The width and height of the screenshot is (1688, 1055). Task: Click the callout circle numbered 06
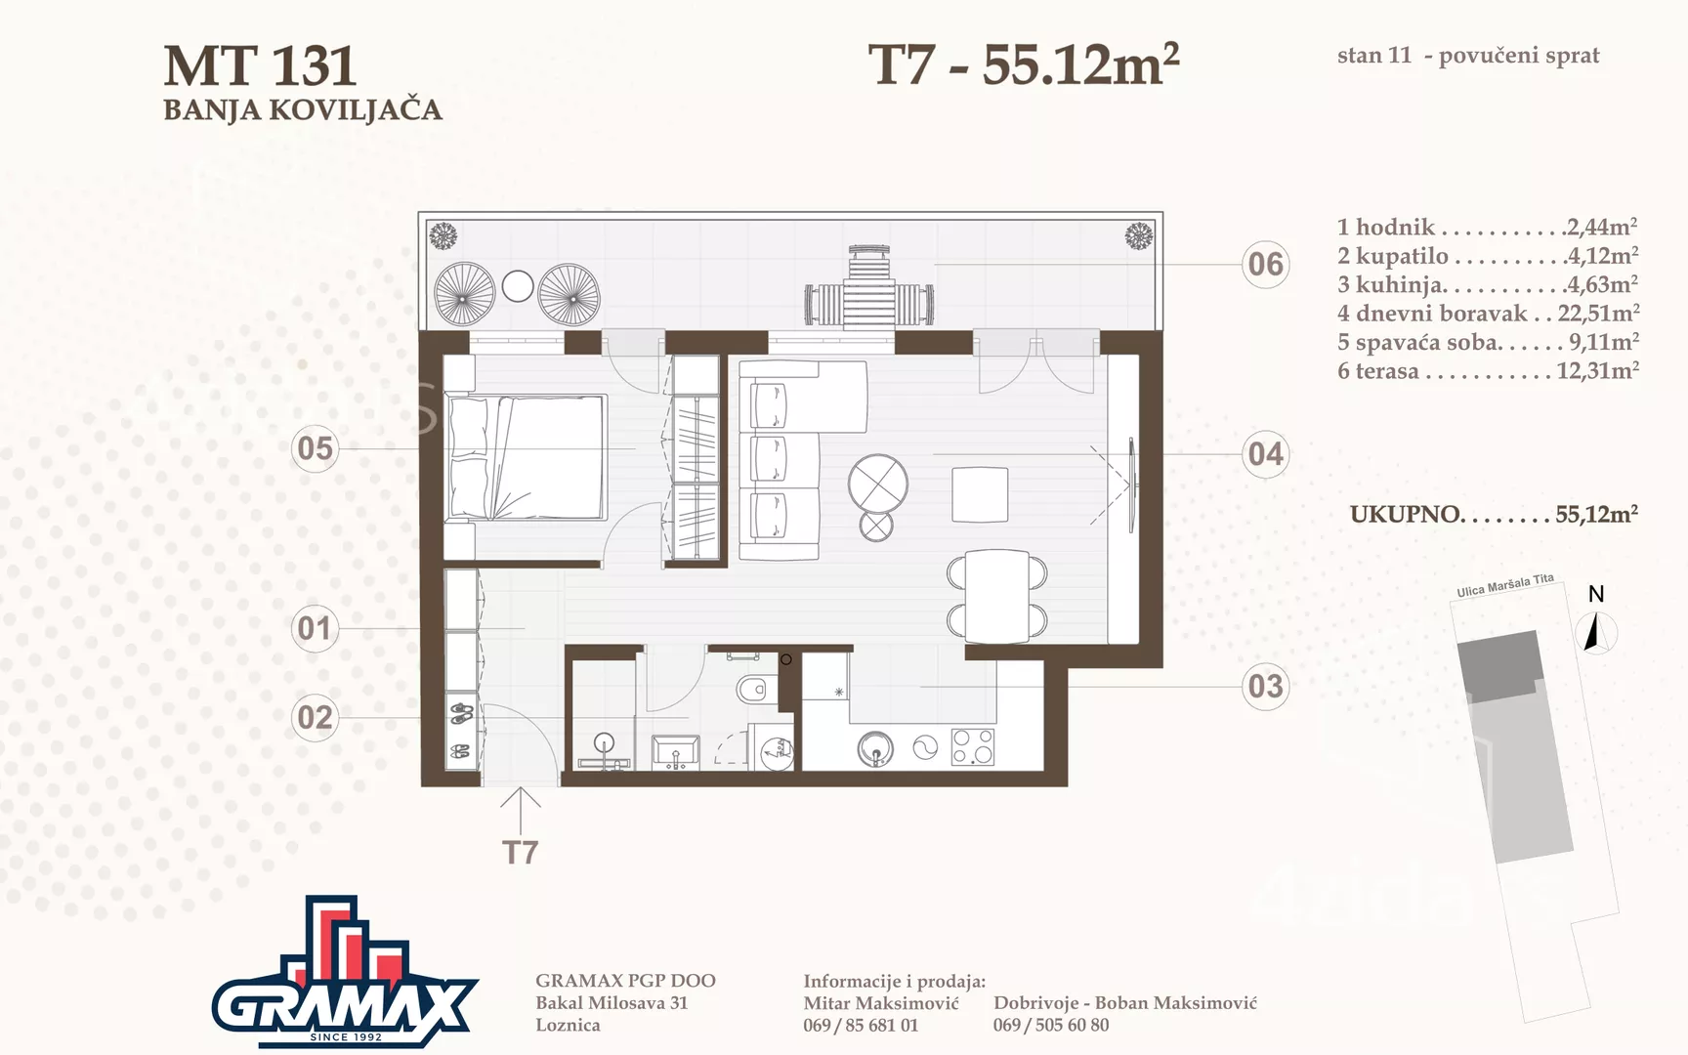click(x=1265, y=264)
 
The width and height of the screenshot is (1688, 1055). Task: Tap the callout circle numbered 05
click(x=315, y=448)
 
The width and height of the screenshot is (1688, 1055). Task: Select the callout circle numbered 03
click(x=1265, y=686)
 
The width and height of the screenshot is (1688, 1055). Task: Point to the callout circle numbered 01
click(x=315, y=627)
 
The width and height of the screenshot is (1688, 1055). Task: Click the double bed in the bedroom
click(x=527, y=457)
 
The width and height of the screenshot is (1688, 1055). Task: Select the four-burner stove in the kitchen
click(x=973, y=747)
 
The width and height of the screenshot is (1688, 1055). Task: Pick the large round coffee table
click(x=878, y=484)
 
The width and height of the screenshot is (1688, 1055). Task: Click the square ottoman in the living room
click(x=980, y=495)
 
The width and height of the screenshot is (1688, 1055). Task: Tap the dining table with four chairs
click(x=997, y=596)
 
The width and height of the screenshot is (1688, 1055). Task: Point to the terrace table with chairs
click(x=868, y=286)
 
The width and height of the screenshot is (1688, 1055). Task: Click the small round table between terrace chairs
click(x=518, y=286)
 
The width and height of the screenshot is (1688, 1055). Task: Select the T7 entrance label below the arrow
click(x=521, y=853)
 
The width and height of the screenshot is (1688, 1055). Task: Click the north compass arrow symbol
click(x=1593, y=632)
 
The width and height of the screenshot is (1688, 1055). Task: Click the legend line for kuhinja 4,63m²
click(x=1488, y=284)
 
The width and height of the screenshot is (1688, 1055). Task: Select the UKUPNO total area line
click(x=1494, y=514)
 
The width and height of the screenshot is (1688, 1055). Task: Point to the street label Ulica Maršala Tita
click(x=1505, y=585)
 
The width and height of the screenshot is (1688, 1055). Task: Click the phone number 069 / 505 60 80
click(x=1051, y=1025)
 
